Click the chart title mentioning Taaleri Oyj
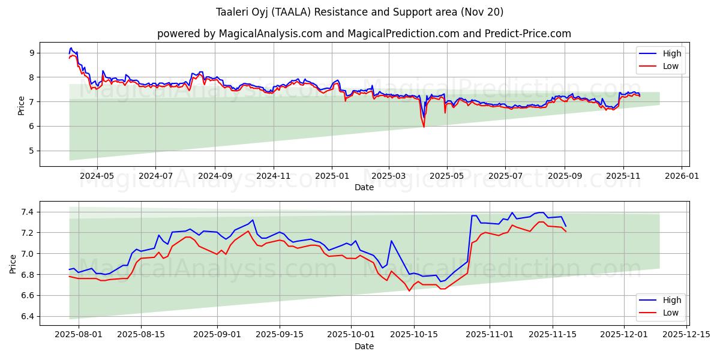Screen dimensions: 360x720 pos(360,12)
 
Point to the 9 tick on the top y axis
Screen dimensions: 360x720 pos(32,53)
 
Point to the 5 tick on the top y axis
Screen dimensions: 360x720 pos(32,151)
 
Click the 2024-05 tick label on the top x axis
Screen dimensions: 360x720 pos(97,176)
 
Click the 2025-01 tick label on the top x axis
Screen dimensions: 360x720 pos(331,176)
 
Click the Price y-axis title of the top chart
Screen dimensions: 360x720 pos(21,105)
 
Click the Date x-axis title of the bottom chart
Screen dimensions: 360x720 pos(364,346)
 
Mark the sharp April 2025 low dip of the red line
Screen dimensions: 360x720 pos(424,127)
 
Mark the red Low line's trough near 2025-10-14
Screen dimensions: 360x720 pos(409,291)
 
